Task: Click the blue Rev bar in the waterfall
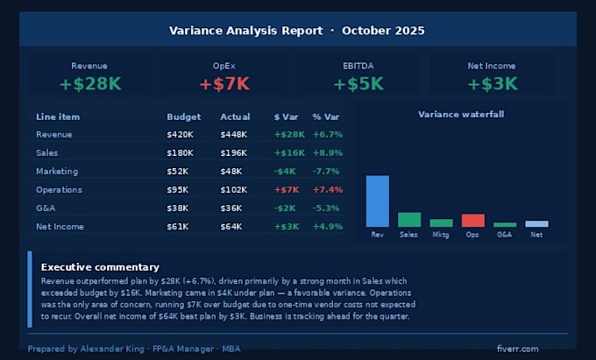378,201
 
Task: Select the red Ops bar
472,221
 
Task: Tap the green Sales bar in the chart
409,220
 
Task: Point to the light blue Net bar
536,223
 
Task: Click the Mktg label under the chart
441,235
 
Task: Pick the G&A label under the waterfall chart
504,235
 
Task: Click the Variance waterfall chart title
461,114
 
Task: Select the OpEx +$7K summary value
224,84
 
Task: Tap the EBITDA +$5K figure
358,84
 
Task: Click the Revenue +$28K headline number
90,84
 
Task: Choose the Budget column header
183,117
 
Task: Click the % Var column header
326,117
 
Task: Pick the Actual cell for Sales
233,153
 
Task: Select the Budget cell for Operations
178,190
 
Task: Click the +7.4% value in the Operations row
328,190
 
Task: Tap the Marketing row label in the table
57,172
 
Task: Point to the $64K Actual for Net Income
231,227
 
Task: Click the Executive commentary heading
100,267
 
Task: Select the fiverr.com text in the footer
517,349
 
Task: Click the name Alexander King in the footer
112,349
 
